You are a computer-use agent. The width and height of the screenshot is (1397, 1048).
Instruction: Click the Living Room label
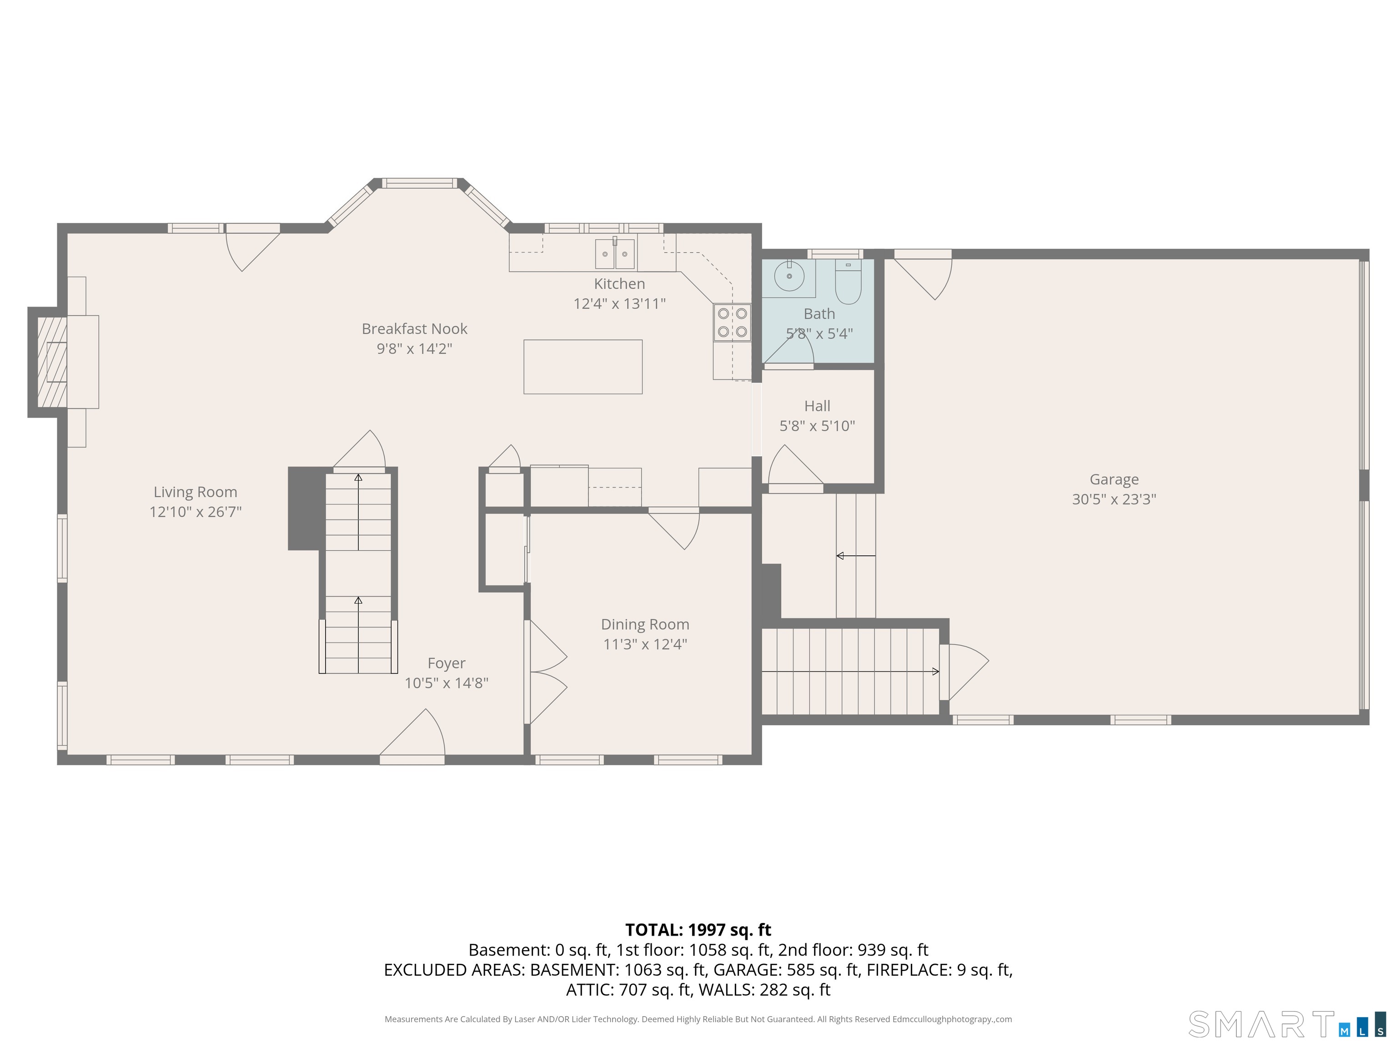pyautogui.click(x=195, y=492)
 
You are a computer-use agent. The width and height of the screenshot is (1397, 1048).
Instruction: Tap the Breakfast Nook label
pyautogui.click(x=414, y=329)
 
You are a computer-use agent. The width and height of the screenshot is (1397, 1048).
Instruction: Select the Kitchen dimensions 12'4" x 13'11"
pyautogui.click(x=619, y=304)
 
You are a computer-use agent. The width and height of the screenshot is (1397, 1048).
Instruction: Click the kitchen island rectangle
pyautogui.click(x=583, y=367)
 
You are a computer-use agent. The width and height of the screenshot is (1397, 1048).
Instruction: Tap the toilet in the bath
pyautogui.click(x=848, y=282)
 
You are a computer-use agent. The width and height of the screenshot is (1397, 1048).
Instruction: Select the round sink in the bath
pyautogui.click(x=789, y=276)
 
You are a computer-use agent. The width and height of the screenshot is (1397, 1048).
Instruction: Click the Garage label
pyautogui.click(x=1114, y=479)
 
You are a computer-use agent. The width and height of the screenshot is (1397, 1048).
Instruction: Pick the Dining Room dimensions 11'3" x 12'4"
pyautogui.click(x=645, y=645)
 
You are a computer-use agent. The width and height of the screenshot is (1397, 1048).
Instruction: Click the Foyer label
pyautogui.click(x=447, y=663)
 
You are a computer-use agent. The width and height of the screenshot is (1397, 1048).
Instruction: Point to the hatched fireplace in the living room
pyautogui.click(x=52, y=362)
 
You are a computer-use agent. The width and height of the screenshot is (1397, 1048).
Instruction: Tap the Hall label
pyautogui.click(x=817, y=406)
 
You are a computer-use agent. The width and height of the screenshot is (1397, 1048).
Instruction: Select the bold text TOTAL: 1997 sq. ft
pyautogui.click(x=698, y=930)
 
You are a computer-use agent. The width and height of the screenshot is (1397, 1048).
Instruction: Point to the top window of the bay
pyautogui.click(x=419, y=183)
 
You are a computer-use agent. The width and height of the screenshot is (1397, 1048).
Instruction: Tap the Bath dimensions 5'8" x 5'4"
pyautogui.click(x=819, y=333)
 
